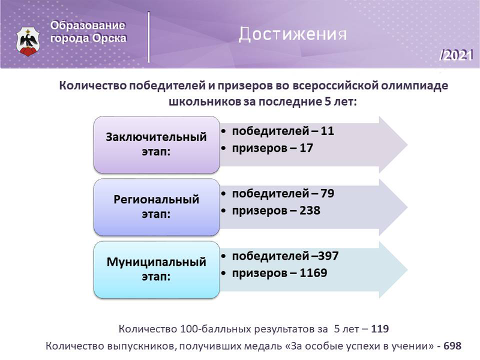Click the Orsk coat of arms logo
tap(28, 41)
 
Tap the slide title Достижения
tap(293, 34)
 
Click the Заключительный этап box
tap(157, 145)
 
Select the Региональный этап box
tap(157, 207)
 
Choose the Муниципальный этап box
tap(157, 269)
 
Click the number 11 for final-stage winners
tap(327, 131)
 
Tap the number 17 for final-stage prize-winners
tap(306, 148)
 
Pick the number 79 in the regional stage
tap(327, 193)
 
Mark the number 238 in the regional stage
tap(310, 211)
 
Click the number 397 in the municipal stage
tap(328, 256)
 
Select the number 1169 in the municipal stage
tap(313, 273)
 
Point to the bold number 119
tap(380, 329)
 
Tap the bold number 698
tap(452, 346)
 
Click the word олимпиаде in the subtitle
tap(415, 86)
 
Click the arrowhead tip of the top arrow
tap(407, 145)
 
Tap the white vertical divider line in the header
tap(149, 37)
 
